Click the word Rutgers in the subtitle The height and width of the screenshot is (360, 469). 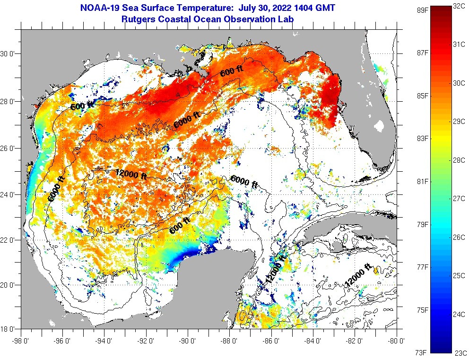138,19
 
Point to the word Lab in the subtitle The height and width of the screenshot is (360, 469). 287,19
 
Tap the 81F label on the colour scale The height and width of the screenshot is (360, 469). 416,182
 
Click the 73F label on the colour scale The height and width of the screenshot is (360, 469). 416,352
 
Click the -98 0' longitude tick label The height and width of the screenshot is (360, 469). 21,340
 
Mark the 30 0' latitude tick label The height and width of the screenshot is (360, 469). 10,53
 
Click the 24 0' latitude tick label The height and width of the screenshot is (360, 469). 10,194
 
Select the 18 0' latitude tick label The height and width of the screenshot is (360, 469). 10,328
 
